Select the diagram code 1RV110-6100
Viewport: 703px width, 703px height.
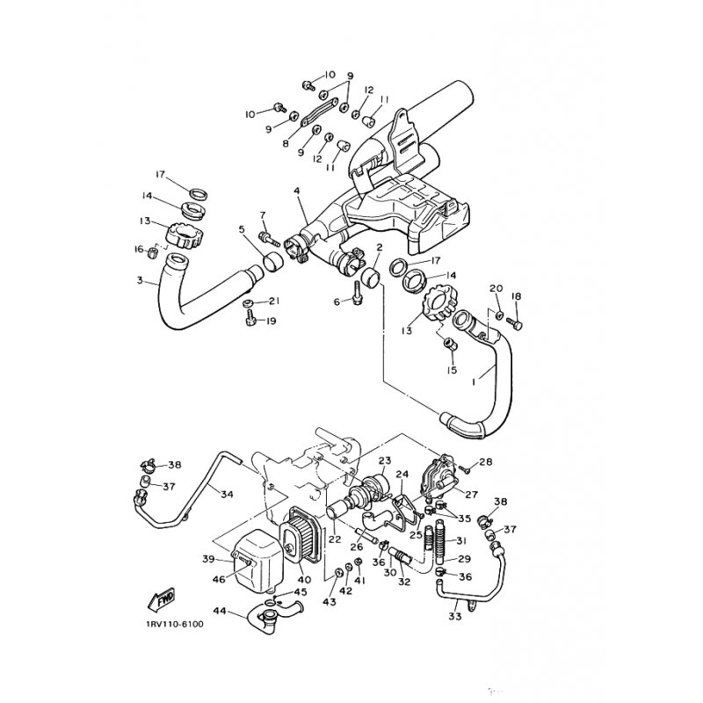point(175,624)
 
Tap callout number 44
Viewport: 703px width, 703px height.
point(220,611)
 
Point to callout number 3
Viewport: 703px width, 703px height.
point(140,280)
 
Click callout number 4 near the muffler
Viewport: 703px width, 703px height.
point(296,191)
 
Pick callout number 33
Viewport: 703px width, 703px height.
point(454,617)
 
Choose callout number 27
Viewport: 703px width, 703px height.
point(472,495)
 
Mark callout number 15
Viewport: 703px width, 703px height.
point(452,370)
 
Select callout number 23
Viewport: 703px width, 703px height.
point(385,460)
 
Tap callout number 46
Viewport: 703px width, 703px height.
point(219,580)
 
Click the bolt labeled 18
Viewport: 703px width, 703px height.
point(515,322)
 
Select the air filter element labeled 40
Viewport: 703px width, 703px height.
point(299,537)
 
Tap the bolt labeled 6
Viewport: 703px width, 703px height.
point(358,294)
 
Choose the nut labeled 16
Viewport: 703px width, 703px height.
point(152,253)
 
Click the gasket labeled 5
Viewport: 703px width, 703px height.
point(272,263)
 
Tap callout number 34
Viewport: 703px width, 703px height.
point(227,495)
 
